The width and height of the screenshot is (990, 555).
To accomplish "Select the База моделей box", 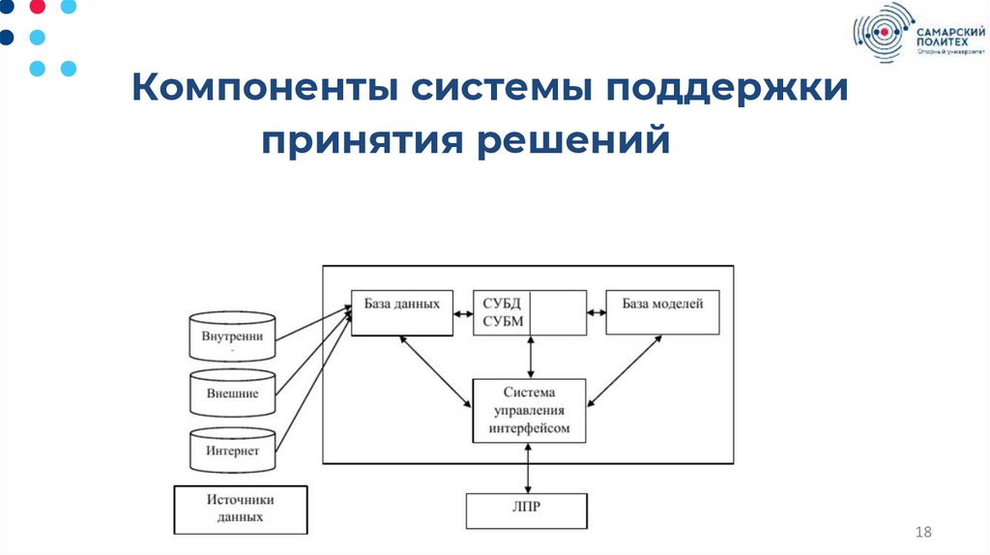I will point(662,312).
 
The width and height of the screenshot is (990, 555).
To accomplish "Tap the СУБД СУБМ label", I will point(503,312).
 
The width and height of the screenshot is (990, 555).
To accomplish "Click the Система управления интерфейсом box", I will point(529,410).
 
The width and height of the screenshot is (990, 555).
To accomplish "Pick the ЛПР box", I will point(527,511).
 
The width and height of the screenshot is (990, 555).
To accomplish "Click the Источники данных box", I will point(241,509).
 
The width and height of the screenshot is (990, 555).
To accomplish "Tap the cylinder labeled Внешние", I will point(233,393).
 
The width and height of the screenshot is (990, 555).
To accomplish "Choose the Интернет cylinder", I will point(233,450).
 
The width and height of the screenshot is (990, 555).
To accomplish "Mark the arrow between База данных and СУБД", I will point(462,312).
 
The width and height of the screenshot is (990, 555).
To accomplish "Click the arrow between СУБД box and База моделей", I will point(596,312).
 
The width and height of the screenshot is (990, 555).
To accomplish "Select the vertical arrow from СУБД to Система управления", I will point(530,356).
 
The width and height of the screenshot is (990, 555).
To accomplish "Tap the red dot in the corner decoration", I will point(38,8).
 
